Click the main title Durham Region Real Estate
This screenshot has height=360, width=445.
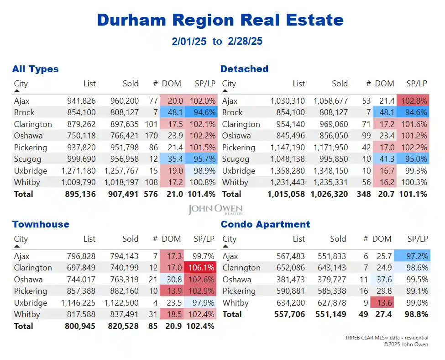coord(220,20)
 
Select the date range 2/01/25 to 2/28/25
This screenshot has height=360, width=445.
coord(217,42)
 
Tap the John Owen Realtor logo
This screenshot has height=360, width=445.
coord(215,210)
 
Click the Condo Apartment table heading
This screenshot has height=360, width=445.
coord(265,224)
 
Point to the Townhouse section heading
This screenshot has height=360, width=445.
coord(41,224)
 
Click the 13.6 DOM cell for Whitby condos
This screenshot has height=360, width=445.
coord(382,302)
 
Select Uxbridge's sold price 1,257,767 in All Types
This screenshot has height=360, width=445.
coord(121,170)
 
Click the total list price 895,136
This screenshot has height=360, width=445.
coord(80,194)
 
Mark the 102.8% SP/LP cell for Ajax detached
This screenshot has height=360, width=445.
coord(413,101)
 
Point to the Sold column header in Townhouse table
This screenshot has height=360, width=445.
coord(131,239)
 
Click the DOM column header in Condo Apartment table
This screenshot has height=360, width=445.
coord(382,239)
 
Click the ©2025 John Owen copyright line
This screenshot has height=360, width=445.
coord(405,344)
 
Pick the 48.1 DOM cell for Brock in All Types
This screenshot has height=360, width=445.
coord(173,112)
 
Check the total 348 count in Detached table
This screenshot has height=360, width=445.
coord(364,194)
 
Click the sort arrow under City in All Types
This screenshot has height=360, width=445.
coord(17,91)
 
